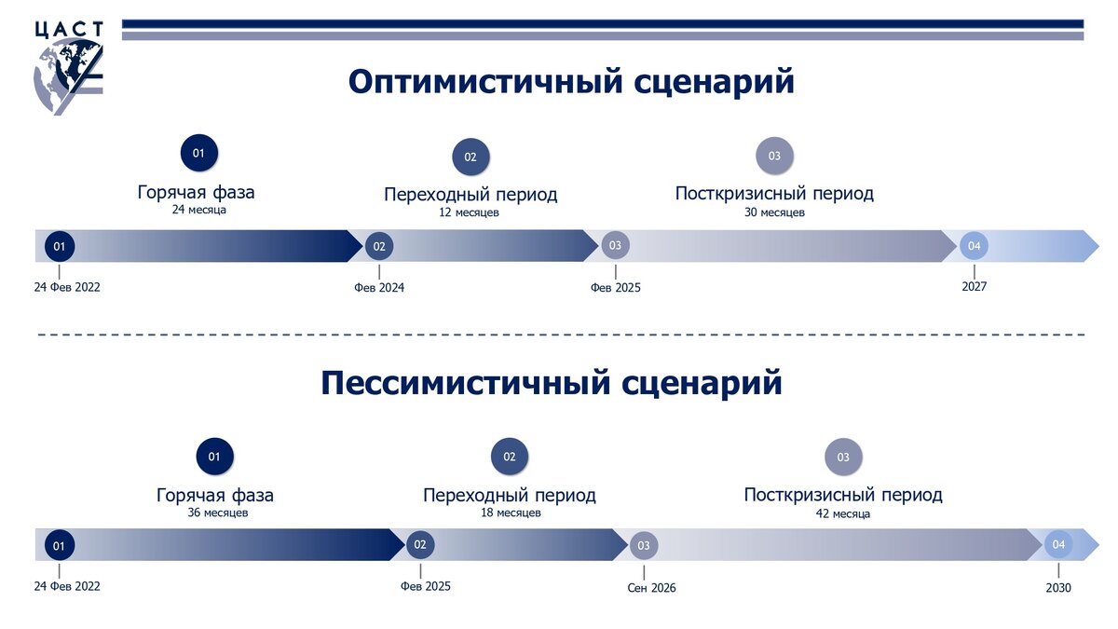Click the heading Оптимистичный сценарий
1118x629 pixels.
tap(571, 81)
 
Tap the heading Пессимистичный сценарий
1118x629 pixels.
tap(552, 383)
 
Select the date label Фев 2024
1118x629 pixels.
tap(379, 288)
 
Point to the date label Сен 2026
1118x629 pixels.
tap(652, 588)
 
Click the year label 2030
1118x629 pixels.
tap(1058, 588)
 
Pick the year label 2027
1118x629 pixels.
tap(974, 287)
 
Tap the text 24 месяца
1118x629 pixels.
tap(198, 211)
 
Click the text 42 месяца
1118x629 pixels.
tap(842, 513)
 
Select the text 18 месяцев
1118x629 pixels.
tap(509, 513)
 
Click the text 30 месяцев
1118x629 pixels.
tap(774, 212)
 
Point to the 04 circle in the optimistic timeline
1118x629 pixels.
tap(974, 246)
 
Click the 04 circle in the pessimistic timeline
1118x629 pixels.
tap(1058, 544)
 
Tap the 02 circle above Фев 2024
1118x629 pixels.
tap(379, 247)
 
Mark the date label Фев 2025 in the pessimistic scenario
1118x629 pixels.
tap(425, 587)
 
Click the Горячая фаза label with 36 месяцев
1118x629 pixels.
tap(215, 495)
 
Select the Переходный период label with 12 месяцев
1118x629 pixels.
tap(470, 195)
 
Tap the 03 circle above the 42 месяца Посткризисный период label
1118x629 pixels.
tap(843, 458)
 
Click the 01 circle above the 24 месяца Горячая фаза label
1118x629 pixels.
tap(198, 153)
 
